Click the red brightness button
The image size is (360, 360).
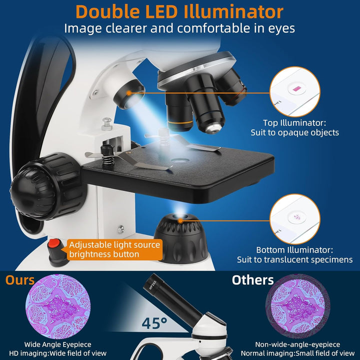(54, 243)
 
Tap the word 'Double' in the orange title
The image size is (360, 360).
(107, 11)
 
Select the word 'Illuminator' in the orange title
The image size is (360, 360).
(233, 11)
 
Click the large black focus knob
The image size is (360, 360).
(46, 186)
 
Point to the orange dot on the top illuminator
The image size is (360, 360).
(129, 93)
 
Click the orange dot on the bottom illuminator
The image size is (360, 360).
(180, 221)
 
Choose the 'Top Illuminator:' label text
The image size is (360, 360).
(294, 123)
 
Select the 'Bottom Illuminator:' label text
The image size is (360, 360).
(294, 250)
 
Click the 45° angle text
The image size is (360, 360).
(154, 323)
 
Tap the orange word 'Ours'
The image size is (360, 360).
(19, 280)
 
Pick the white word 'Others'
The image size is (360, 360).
(253, 280)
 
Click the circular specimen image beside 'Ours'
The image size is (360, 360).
(58, 306)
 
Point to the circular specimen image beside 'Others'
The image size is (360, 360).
(298, 306)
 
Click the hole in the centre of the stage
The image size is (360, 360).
(180, 160)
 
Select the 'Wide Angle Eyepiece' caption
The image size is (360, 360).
(57, 344)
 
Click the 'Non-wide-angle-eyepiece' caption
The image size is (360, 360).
(297, 344)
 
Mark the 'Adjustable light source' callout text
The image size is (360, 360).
(114, 244)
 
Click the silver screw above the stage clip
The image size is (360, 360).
(107, 124)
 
